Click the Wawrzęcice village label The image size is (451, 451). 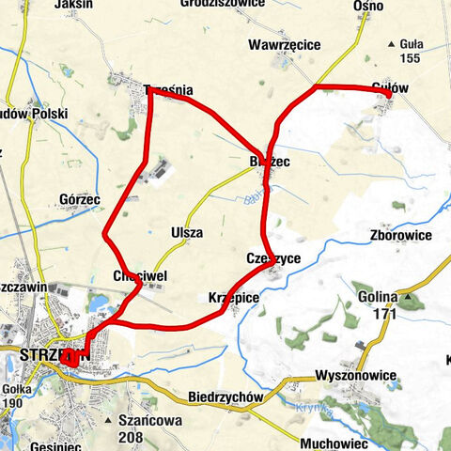285,44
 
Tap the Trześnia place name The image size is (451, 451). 169,90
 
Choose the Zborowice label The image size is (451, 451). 401,235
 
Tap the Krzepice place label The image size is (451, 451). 229,297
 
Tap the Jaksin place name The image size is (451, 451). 74,4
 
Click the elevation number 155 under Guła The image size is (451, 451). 411,58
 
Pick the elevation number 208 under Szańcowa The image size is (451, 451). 132,437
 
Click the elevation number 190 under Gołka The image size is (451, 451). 12,404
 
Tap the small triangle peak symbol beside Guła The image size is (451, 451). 390,43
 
